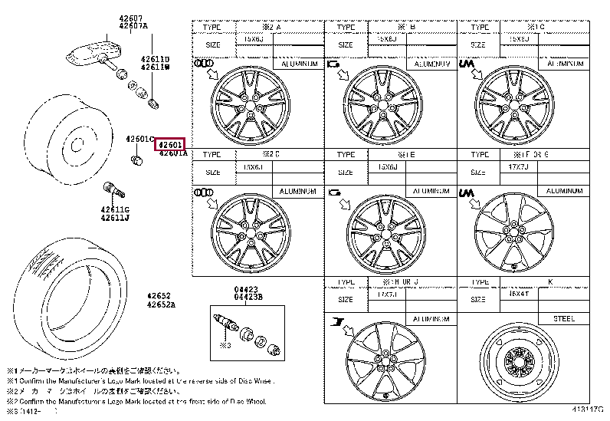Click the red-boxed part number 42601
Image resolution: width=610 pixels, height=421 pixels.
pos(169,144)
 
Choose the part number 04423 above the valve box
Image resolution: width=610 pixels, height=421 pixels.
pos(245,289)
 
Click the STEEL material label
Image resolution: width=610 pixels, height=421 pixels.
pos(564,318)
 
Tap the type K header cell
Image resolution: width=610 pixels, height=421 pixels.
pos(549,282)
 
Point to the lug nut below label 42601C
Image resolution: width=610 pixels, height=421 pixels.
pos(137,160)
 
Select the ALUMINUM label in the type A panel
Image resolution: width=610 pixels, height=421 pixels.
pos(299,64)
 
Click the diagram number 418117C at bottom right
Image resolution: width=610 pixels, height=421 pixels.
pos(586,413)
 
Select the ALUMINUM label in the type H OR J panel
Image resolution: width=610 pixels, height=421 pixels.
pos(431,318)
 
